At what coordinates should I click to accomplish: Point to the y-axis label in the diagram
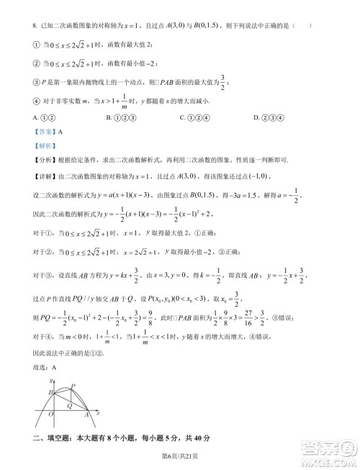pos(51,380)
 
